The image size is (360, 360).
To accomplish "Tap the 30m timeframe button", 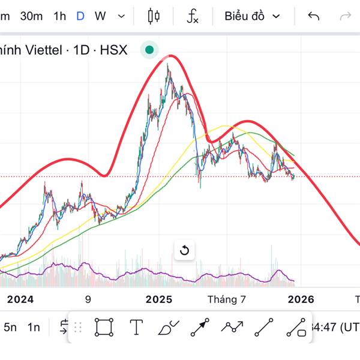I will (31, 16).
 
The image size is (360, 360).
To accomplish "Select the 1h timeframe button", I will (59, 16).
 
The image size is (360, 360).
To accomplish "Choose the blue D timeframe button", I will (80, 16).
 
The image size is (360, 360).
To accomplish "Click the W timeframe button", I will (100, 16).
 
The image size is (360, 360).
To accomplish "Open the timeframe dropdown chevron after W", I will (122, 16).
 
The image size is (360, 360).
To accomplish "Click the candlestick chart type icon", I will (154, 16).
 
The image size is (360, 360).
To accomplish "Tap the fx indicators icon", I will (193, 16).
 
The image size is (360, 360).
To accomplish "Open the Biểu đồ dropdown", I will (252, 16).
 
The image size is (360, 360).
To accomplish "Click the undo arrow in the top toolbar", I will (313, 16).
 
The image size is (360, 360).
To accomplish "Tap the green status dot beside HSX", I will (149, 50).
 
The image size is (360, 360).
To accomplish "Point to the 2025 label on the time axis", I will (159, 299).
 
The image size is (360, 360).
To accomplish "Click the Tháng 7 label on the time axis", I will (227, 299).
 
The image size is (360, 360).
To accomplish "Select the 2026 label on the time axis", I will (301, 299).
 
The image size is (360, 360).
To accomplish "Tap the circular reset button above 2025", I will (184, 250).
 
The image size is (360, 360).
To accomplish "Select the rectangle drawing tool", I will (104, 327).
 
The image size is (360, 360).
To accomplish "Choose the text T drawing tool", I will (136, 327).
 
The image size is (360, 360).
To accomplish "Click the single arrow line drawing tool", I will (200, 327).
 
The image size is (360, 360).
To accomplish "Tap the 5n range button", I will (10, 327).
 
